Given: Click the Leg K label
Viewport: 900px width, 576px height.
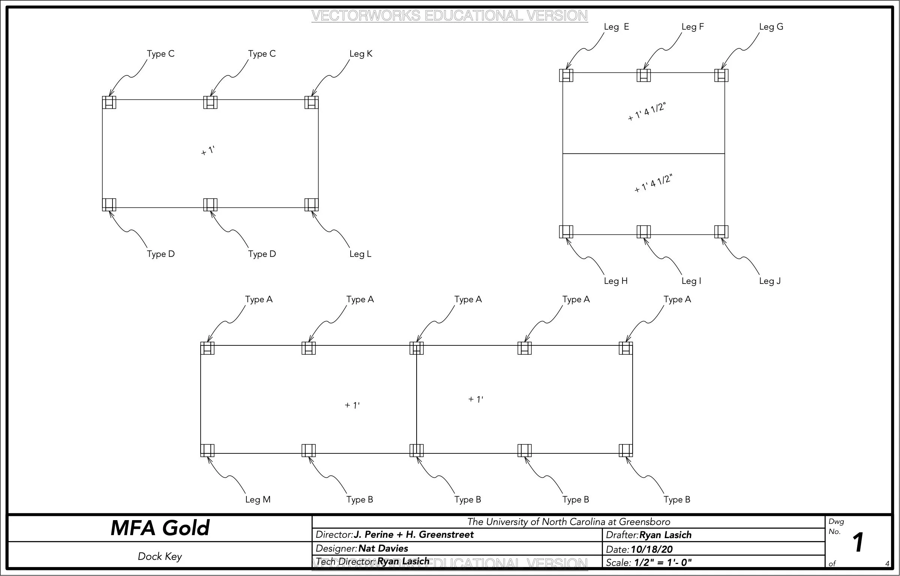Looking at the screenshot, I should (x=361, y=54).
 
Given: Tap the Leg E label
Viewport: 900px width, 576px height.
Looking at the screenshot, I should (x=616, y=27).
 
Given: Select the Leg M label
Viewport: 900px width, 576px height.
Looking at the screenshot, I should (x=258, y=499).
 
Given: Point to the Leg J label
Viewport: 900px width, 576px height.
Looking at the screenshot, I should (x=770, y=281).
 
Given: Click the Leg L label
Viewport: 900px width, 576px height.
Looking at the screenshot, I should (x=360, y=254).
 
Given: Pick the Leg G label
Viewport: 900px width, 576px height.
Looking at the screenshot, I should (x=771, y=27).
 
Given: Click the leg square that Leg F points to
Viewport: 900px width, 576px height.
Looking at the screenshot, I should (x=643, y=75).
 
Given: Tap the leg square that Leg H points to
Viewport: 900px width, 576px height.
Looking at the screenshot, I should (x=566, y=231).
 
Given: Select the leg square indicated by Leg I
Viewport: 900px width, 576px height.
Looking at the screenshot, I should (x=643, y=231).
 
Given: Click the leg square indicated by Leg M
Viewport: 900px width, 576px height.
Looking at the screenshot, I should (x=207, y=450).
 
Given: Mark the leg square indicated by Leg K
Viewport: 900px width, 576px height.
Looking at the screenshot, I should (x=311, y=102).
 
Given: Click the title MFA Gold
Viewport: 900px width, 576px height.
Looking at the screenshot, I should (x=160, y=528).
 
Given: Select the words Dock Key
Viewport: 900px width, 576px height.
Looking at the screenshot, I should (x=160, y=556).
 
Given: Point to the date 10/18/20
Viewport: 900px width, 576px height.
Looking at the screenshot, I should (x=652, y=549).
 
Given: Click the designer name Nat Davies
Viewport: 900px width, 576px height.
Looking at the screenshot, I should (x=383, y=548).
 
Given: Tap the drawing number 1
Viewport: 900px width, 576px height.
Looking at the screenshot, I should (x=858, y=543).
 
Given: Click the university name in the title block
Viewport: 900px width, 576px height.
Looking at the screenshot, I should (x=568, y=522).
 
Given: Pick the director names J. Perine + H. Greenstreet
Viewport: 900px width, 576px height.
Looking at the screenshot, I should (x=414, y=534).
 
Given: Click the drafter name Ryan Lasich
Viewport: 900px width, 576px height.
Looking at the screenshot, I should (x=665, y=535).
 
